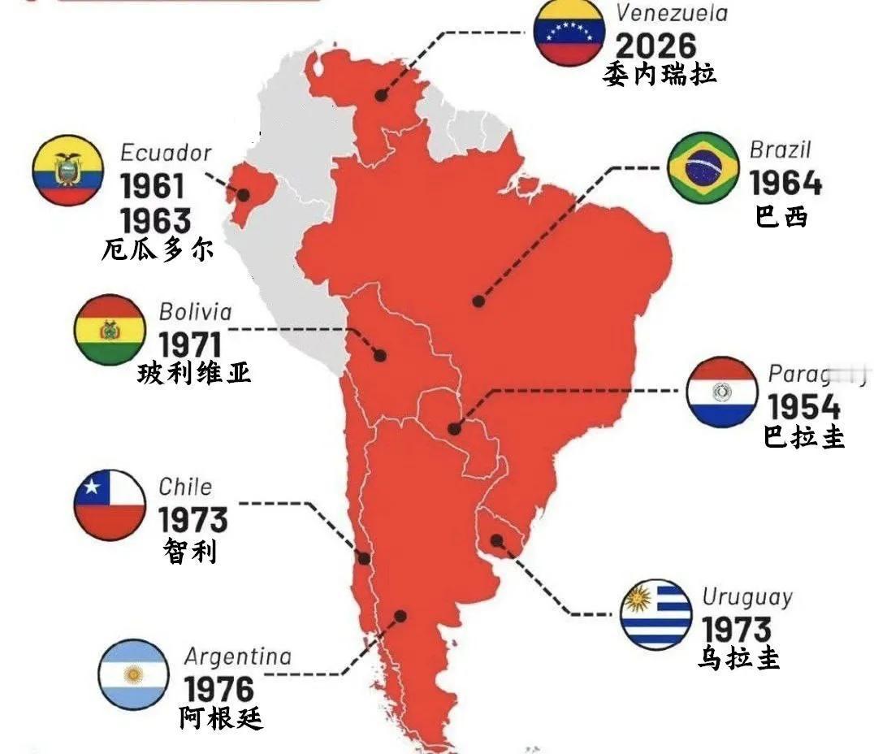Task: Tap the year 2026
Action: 655,45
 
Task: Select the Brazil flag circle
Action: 703,168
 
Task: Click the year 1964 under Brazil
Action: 785,184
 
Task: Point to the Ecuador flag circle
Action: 67,171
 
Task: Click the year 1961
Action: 153,188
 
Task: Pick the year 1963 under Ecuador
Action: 155,220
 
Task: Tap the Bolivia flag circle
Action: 110,330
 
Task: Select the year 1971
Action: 189,344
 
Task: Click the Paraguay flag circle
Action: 721,392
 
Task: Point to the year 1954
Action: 803,406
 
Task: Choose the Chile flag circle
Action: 110,505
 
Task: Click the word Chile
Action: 185,487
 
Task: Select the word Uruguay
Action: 746,597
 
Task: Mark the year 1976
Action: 219,690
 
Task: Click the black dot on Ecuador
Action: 243,194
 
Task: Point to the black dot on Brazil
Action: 478,301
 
